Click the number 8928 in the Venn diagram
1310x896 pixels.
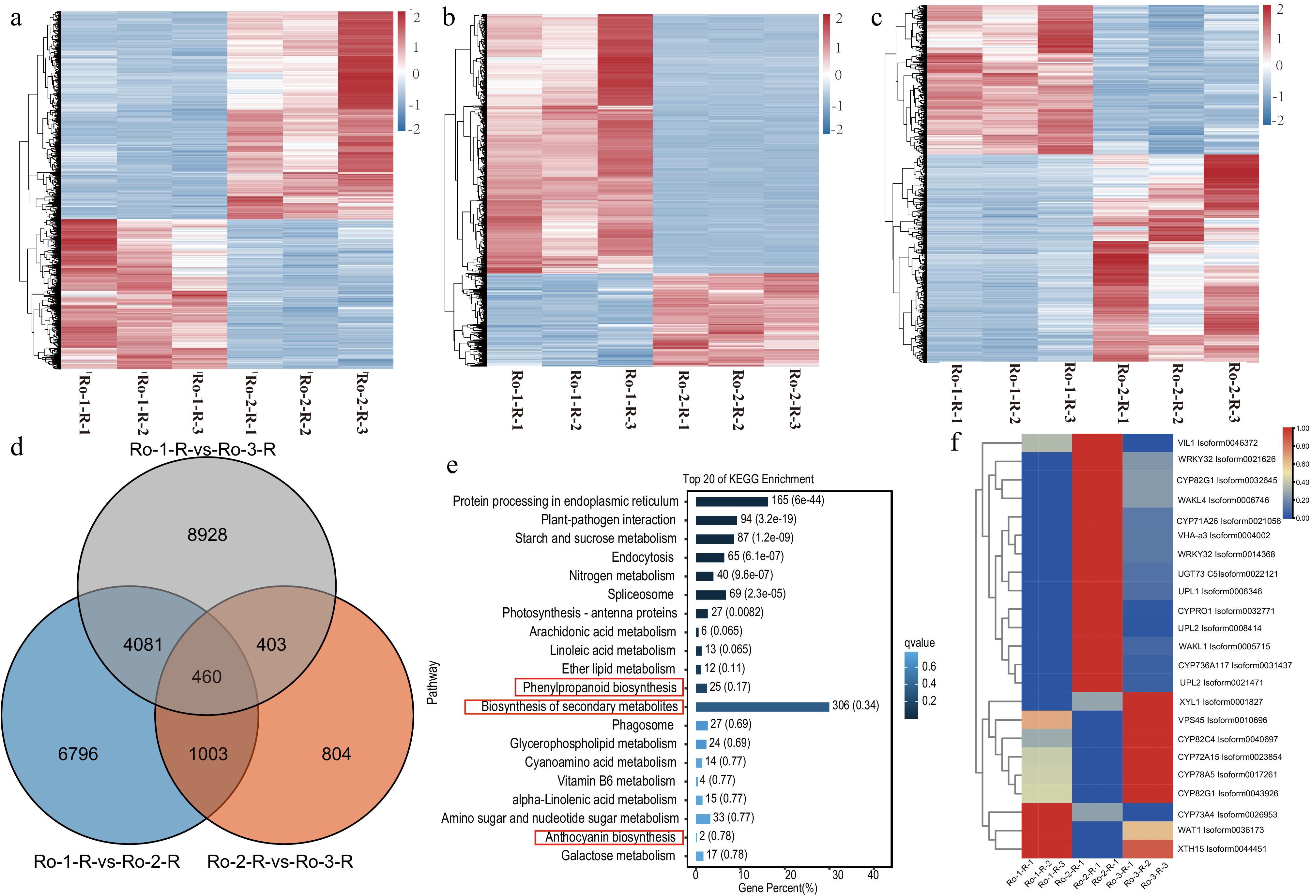coord(207,534)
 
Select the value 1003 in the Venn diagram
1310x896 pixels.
coord(208,754)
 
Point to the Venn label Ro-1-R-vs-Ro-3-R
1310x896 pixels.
coord(202,449)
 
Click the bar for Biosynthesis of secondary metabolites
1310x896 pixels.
coord(762,706)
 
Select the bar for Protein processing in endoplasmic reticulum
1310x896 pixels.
coord(731,501)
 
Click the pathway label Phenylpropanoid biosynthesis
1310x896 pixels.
coord(599,687)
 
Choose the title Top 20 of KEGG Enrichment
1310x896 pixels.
coord(748,479)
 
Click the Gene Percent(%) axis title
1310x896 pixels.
coord(777,888)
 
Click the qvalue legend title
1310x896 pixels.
coord(919,643)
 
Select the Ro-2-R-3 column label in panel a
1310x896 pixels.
coord(362,403)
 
